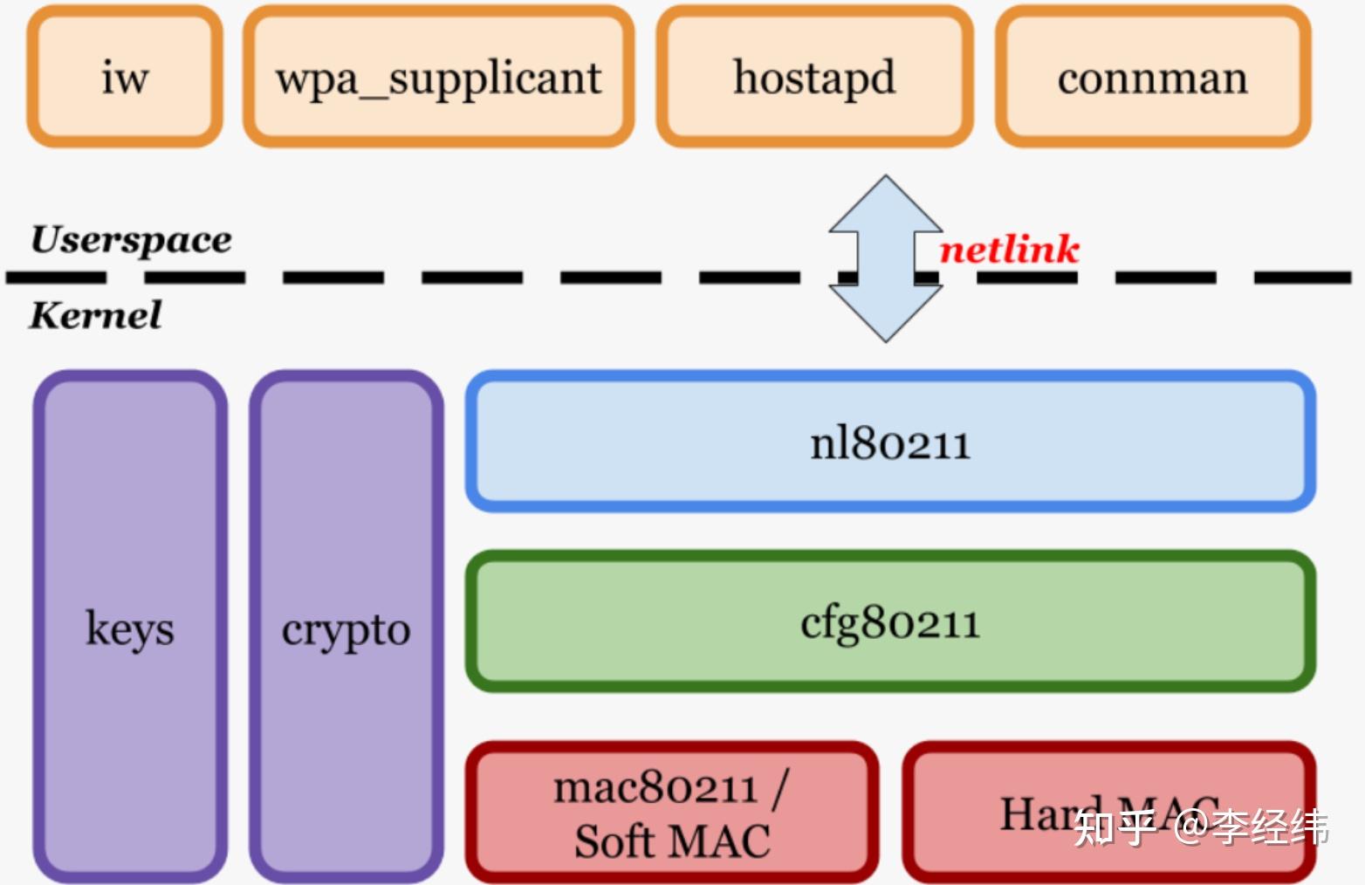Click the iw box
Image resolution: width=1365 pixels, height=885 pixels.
point(124,77)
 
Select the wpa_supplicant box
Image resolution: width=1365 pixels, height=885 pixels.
point(438,77)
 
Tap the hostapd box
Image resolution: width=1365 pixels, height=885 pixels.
point(814,77)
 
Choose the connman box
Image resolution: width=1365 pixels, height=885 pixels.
point(1152,77)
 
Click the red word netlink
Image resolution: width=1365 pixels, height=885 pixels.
point(1009,250)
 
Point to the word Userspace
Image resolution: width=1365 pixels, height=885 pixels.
point(131,239)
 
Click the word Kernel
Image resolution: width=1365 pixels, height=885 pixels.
point(95,315)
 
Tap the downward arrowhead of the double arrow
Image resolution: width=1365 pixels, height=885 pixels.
point(886,314)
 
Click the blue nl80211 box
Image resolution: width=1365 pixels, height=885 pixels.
point(890,442)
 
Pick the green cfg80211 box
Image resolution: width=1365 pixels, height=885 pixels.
point(890,621)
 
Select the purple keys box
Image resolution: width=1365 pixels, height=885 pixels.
point(129,627)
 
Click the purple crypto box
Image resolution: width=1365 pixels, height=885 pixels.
point(346,627)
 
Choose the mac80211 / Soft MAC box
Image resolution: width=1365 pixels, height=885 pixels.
point(672,812)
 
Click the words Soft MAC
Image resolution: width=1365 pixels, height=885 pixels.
point(672,841)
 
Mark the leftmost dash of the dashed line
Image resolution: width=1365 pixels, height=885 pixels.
point(56,278)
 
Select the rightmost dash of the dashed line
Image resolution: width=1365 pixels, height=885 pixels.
point(1302,278)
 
